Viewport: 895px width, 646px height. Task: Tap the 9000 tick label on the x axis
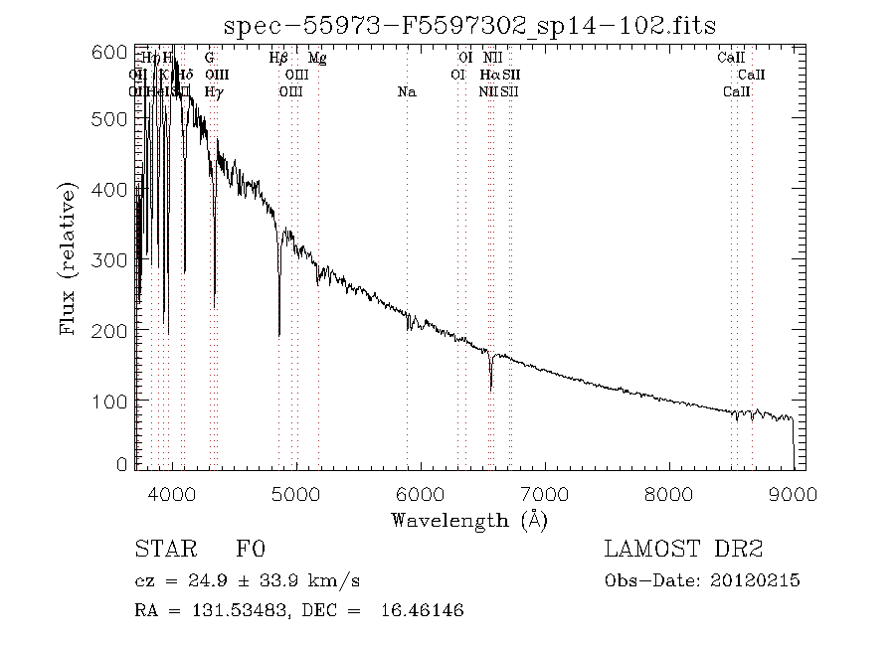tap(793, 494)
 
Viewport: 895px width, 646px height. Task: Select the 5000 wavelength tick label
tap(296, 494)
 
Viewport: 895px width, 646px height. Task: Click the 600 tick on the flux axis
tap(115, 52)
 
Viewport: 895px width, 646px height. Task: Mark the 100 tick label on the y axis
tap(115, 400)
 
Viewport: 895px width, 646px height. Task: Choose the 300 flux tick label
tap(115, 260)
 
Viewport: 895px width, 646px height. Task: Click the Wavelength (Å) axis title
tap(469, 519)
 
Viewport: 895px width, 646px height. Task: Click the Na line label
tap(406, 92)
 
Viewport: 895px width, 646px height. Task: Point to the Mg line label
tap(317, 58)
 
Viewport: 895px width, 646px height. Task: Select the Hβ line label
tap(279, 58)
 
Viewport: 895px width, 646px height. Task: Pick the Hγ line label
tap(214, 92)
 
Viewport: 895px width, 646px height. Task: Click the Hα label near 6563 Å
tap(488, 75)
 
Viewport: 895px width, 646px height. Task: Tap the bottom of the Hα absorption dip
tap(490, 389)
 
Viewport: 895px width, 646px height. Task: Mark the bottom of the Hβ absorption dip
tap(279, 335)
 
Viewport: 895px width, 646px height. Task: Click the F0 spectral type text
tap(250, 550)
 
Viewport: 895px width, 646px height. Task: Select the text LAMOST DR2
tap(684, 550)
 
